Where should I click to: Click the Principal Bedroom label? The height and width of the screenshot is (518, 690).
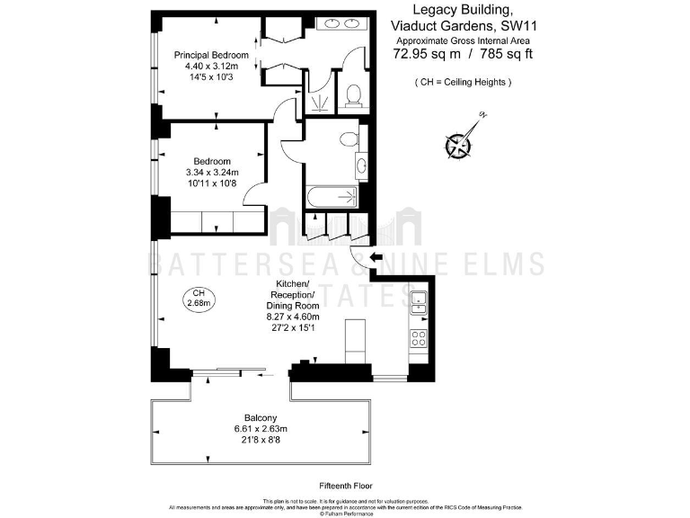(x=211, y=55)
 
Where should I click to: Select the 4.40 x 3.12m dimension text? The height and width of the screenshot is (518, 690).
(x=211, y=66)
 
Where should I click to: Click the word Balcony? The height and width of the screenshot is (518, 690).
(x=261, y=417)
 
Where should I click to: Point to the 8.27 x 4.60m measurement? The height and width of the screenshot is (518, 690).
(x=294, y=317)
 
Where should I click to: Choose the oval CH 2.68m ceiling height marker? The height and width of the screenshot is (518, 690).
(x=198, y=299)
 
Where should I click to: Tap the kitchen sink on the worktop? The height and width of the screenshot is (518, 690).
(x=419, y=303)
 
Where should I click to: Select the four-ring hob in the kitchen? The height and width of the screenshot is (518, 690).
(x=419, y=338)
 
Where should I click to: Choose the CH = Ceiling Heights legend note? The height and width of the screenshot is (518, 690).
(x=463, y=82)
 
